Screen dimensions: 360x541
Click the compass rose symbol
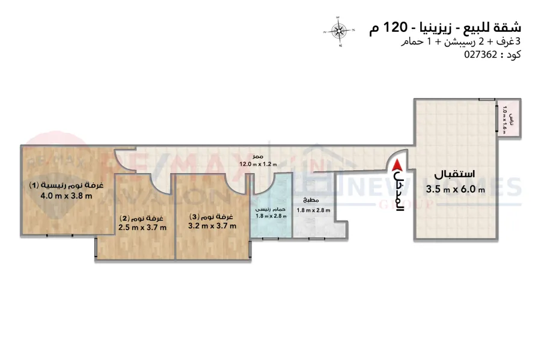pos(340,29)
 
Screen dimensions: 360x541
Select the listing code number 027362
pos(481,53)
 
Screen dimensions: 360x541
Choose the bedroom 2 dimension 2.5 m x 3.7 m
pos(142,227)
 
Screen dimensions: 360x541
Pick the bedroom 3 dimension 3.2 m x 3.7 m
pos(212,225)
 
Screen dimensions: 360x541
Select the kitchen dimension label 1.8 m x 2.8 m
pos(314,210)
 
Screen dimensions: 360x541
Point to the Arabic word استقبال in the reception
pos(455,175)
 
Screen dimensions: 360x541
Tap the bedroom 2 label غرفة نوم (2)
pos(145,217)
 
